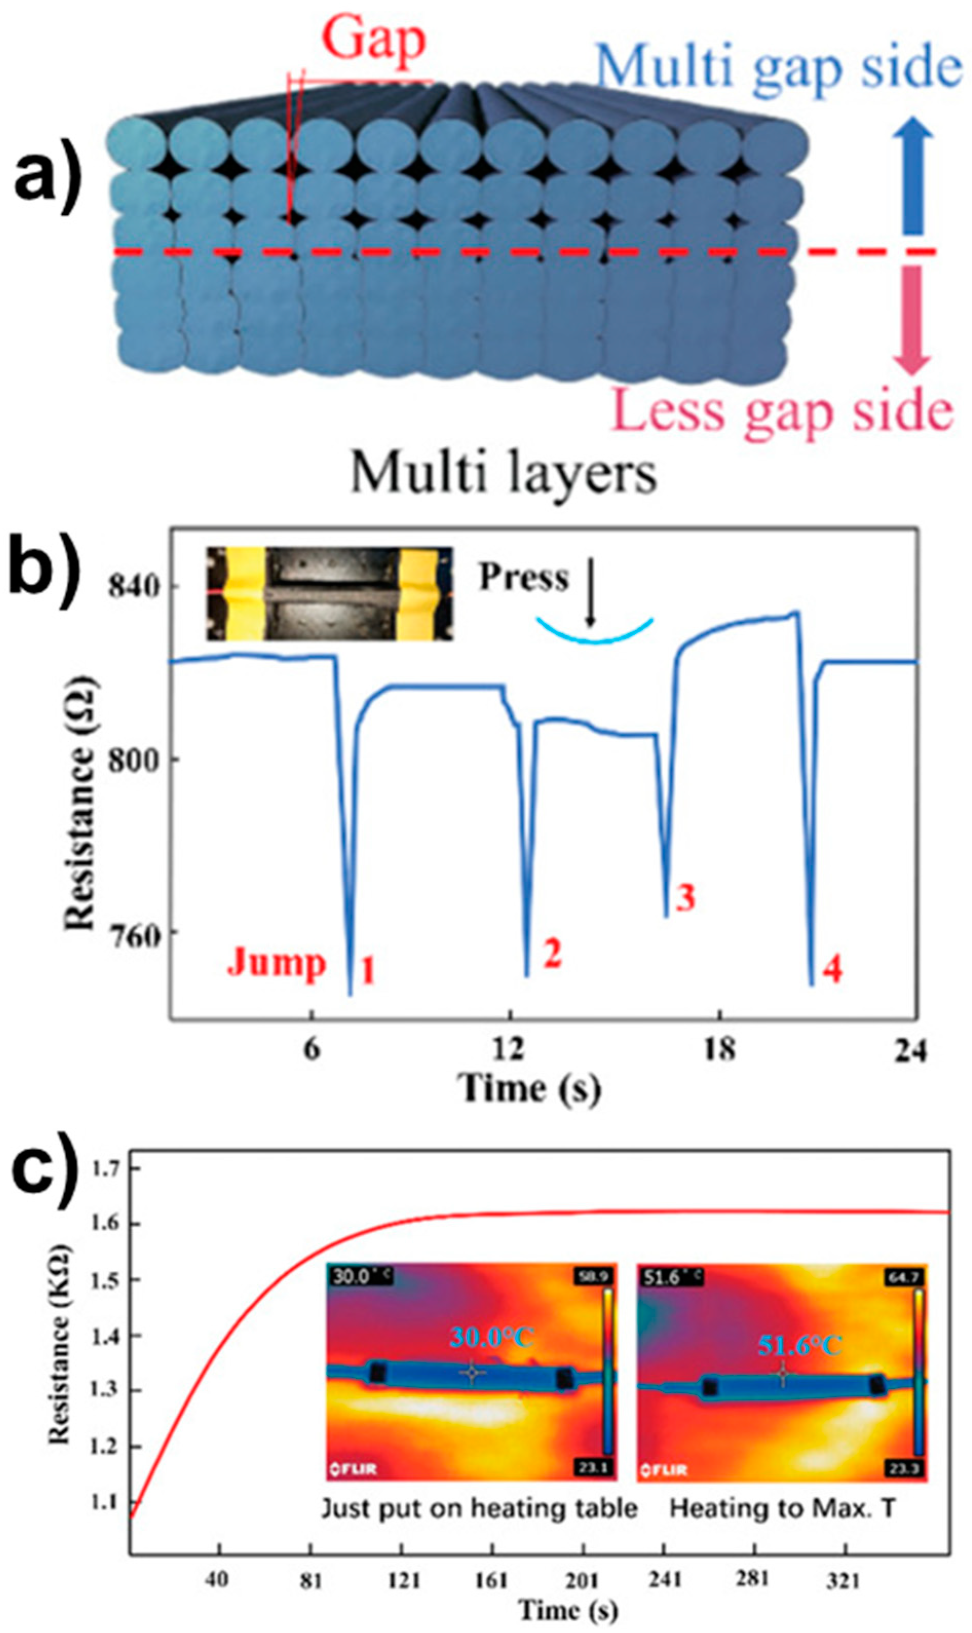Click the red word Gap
coord(374,40)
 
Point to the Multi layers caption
coord(503,473)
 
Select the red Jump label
coord(276,963)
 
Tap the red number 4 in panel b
coord(832,970)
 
